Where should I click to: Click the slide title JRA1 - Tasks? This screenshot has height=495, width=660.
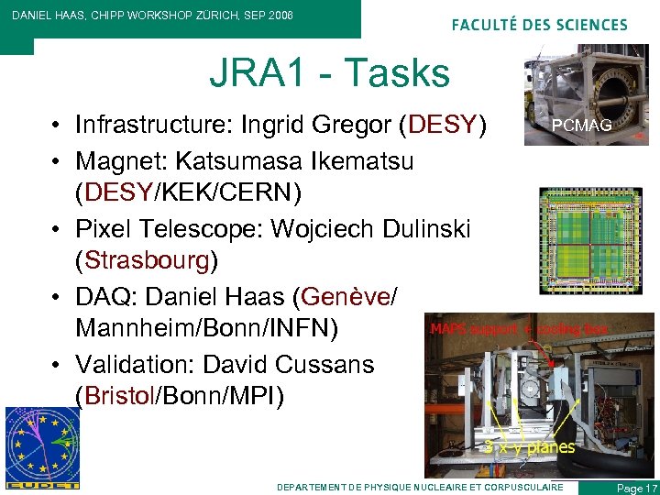pos(329,73)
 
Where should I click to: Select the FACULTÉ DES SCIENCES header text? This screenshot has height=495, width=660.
pos(539,25)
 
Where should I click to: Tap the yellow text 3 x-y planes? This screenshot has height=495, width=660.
pos(529,447)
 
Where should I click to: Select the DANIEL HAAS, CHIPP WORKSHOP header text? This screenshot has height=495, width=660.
pos(152,16)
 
